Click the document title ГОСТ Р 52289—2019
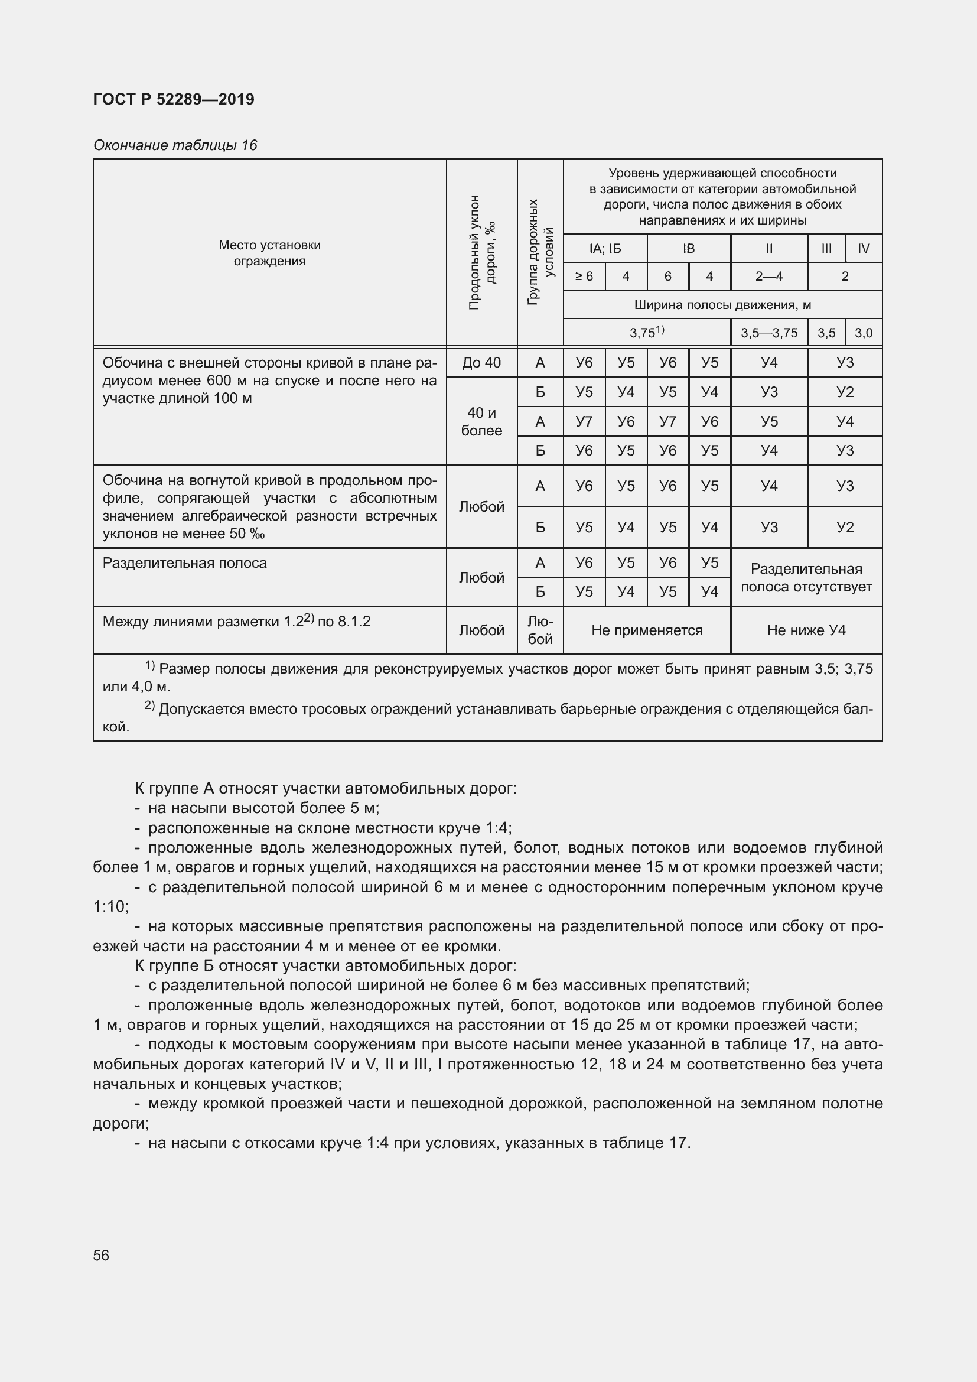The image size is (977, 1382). click(174, 99)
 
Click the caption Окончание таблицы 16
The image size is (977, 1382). click(175, 145)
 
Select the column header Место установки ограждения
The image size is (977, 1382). click(269, 253)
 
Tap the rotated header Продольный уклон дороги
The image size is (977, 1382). click(481, 252)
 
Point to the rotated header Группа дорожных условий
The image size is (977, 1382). click(540, 252)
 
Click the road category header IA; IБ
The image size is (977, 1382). click(605, 249)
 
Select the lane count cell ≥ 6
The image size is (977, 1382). click(584, 277)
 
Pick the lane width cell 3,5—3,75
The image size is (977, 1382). click(769, 333)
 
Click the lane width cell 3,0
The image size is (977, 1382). click(864, 333)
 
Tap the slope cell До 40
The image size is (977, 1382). click(481, 363)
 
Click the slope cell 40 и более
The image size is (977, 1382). click(481, 421)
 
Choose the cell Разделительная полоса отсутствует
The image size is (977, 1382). click(806, 578)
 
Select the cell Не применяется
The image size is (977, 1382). click(647, 630)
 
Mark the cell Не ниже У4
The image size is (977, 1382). click(806, 630)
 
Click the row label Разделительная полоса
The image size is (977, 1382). click(185, 564)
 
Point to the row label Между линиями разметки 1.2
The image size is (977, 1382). click(236, 621)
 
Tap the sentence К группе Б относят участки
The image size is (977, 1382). click(325, 966)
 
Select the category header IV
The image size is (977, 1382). click(864, 249)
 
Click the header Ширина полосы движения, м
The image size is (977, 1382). click(722, 305)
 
